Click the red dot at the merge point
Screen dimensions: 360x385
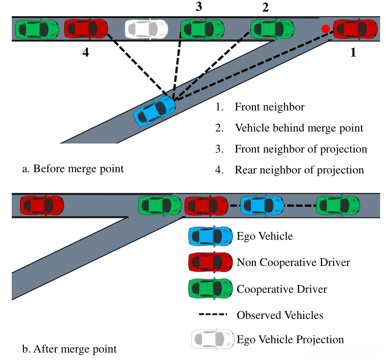[x=325, y=29]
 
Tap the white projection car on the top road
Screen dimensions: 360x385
[x=146, y=29]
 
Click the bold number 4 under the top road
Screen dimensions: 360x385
[x=86, y=53]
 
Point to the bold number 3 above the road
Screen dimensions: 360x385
[x=199, y=6]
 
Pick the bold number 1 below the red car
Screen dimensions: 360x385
[x=353, y=53]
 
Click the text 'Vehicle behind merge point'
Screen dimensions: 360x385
[x=299, y=128]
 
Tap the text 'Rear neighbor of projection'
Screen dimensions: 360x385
[x=299, y=170]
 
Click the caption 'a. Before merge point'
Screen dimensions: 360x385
[x=73, y=169]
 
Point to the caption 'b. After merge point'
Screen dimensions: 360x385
[x=69, y=349]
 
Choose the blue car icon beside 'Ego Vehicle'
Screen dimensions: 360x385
[x=210, y=237]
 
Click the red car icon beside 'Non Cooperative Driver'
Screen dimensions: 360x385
[x=210, y=263]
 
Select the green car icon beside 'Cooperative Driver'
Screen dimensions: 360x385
[x=210, y=288]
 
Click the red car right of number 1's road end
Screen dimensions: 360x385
[x=356, y=29]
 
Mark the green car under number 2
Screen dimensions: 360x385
[x=272, y=29]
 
